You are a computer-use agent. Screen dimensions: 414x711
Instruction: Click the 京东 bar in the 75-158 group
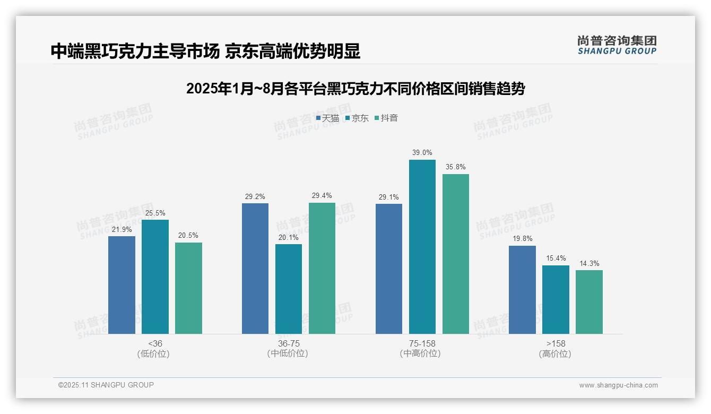point(422,247)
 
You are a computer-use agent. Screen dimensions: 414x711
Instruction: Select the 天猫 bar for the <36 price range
point(122,285)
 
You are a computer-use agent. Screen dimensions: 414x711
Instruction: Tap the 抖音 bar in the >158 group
point(589,302)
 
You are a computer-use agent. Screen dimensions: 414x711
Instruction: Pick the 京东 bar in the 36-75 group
point(288,289)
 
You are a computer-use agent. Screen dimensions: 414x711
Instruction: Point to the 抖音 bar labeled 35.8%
point(456,254)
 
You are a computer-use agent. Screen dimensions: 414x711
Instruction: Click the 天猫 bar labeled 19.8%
point(522,290)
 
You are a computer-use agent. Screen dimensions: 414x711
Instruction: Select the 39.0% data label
point(422,153)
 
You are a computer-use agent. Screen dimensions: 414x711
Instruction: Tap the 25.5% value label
point(155,213)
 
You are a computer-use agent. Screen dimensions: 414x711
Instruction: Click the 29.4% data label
point(322,196)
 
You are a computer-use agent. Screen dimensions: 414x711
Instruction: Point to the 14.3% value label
point(589,263)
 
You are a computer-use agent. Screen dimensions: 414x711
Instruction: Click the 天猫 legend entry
point(327,118)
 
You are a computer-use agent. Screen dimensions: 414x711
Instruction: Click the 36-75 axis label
point(288,343)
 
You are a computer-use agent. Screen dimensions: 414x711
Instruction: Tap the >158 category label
point(555,343)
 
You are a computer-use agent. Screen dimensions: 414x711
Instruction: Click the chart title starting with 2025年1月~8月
point(355,89)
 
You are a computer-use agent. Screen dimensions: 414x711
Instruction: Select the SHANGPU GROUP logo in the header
point(617,45)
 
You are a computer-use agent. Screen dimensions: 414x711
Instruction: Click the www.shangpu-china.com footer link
point(618,385)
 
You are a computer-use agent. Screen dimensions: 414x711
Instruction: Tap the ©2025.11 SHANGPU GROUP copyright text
point(106,385)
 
